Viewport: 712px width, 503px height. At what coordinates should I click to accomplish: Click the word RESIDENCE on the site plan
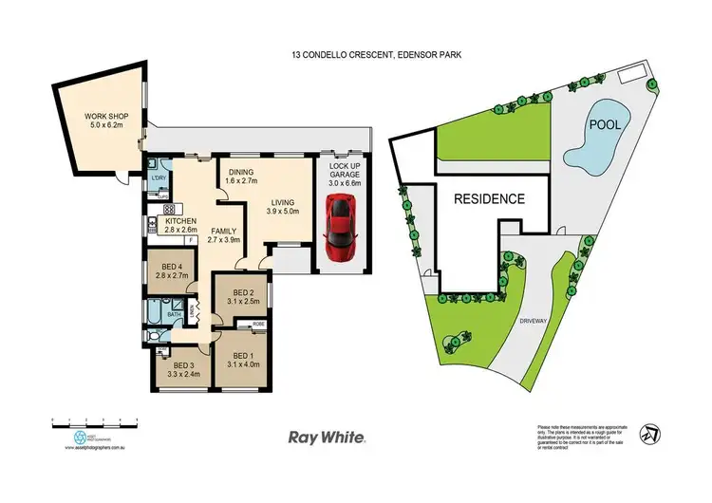[489, 199]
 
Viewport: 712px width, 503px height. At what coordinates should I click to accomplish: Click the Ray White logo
[327, 437]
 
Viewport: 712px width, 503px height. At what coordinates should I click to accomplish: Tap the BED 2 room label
[242, 293]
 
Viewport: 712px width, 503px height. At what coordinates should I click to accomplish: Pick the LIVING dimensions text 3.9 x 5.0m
[284, 213]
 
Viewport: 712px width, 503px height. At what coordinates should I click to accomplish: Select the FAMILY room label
[224, 232]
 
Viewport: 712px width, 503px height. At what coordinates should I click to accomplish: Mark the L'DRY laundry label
[159, 178]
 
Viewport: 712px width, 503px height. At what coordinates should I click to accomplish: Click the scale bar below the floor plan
[95, 419]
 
